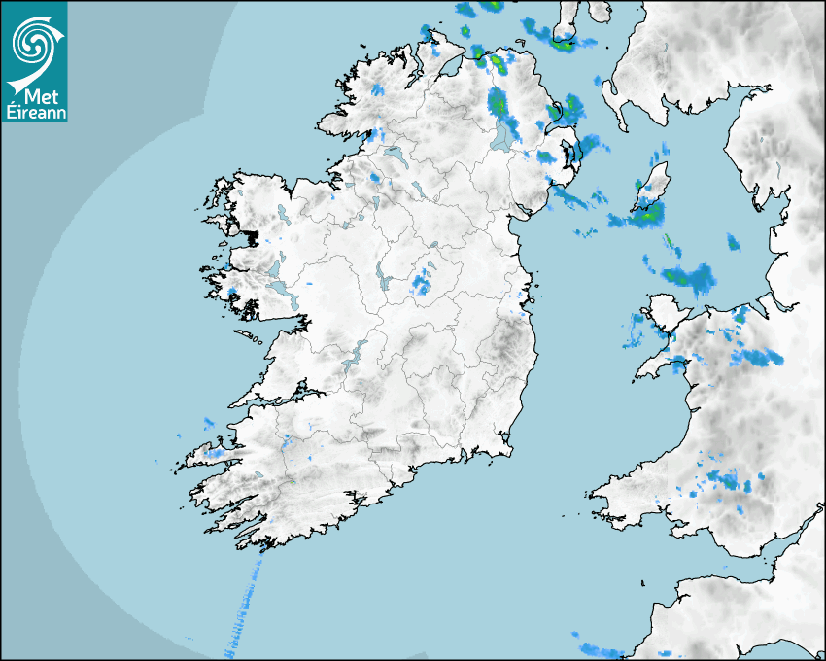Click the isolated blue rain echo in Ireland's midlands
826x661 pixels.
tap(421, 284)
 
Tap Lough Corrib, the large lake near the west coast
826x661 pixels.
tap(275, 267)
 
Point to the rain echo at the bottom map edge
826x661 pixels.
tap(599, 649)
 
